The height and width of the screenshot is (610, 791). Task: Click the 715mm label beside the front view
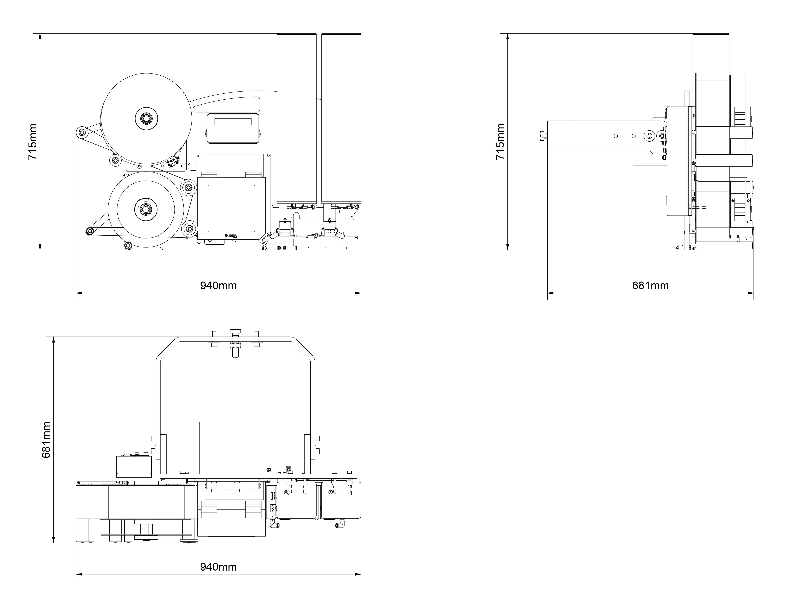tap(33, 142)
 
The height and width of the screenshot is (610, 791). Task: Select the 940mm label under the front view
tap(218, 286)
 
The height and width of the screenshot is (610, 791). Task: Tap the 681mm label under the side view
tap(650, 286)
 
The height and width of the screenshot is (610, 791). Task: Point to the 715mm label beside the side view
tap(500, 142)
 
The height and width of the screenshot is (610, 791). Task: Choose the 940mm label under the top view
tap(218, 567)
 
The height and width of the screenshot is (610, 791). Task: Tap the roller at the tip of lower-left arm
tap(89, 231)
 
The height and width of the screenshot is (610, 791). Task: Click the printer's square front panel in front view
tap(231, 208)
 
